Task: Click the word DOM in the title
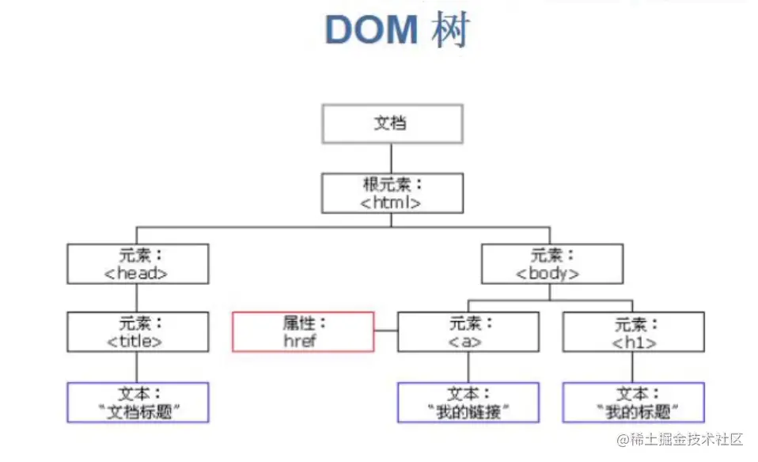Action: [x=370, y=29]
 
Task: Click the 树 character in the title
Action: [x=451, y=29]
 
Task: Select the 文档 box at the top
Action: [x=392, y=123]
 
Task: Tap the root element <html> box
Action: [x=392, y=193]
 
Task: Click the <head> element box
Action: [x=138, y=263]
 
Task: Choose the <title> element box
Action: [x=138, y=331]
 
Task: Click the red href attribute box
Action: [x=302, y=331]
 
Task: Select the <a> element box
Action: [x=468, y=331]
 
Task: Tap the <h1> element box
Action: [x=633, y=331]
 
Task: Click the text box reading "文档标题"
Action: [x=138, y=403]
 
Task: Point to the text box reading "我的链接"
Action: [x=468, y=403]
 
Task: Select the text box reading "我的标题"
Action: [x=633, y=403]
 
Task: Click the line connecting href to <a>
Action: [x=385, y=331]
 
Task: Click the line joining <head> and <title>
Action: [x=138, y=297]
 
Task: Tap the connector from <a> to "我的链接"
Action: [x=468, y=367]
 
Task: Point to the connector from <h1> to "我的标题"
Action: [x=633, y=367]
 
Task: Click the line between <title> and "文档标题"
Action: [x=138, y=367]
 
